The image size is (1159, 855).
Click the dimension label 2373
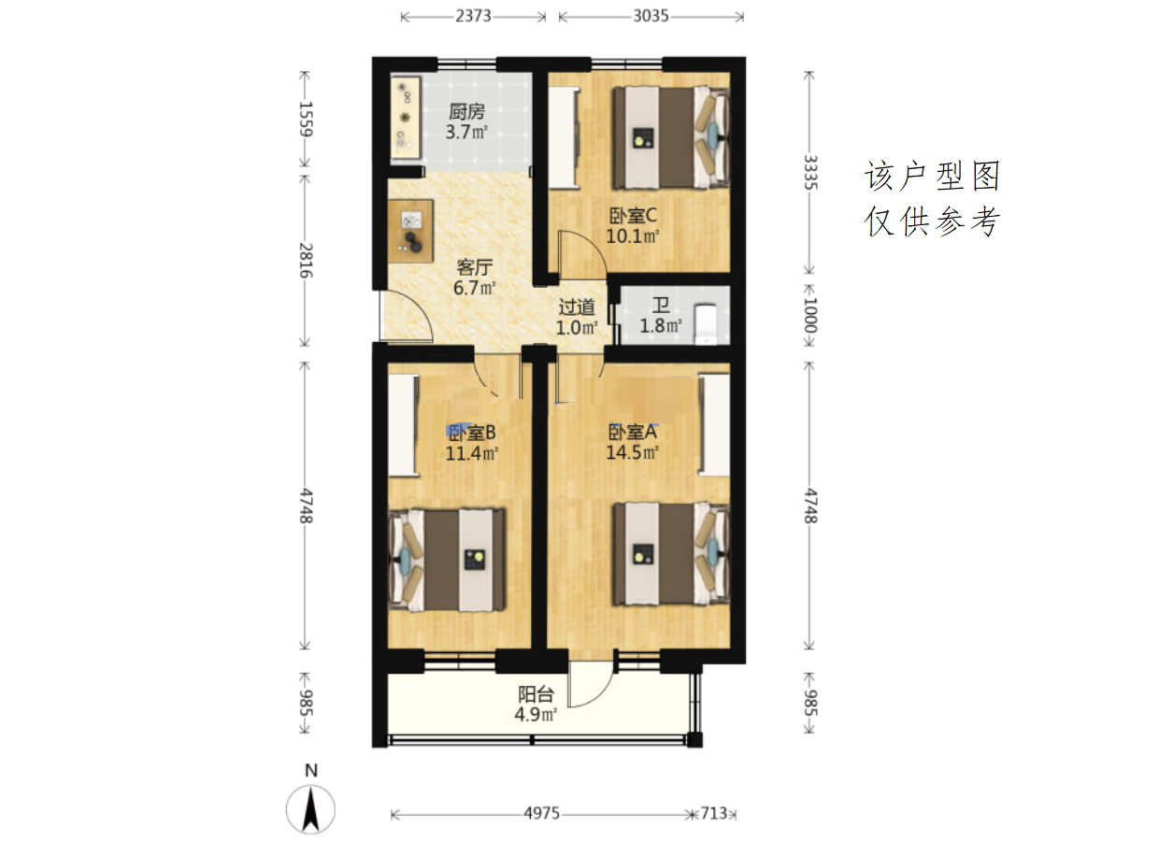tap(473, 16)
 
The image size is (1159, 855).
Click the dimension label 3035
tap(651, 16)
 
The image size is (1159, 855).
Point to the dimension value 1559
tap(305, 120)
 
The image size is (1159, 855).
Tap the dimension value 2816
tap(305, 261)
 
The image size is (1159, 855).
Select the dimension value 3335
tap(809, 173)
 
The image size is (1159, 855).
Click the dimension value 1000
tap(809, 315)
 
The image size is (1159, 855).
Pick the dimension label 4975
tap(541, 813)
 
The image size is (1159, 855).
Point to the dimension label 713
tap(714, 813)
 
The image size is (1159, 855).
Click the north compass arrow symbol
tap(311, 809)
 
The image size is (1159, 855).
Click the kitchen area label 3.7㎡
tap(466, 133)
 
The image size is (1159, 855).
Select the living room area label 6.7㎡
tap(474, 288)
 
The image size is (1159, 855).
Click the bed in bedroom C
tap(671, 137)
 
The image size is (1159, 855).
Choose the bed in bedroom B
tap(448, 560)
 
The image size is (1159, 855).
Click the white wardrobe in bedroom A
tap(714, 424)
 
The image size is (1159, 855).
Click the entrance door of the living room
tap(406, 316)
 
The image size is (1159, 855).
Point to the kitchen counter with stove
tap(406, 117)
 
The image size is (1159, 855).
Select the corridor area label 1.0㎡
tap(577, 328)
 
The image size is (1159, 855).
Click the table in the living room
tap(410, 231)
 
